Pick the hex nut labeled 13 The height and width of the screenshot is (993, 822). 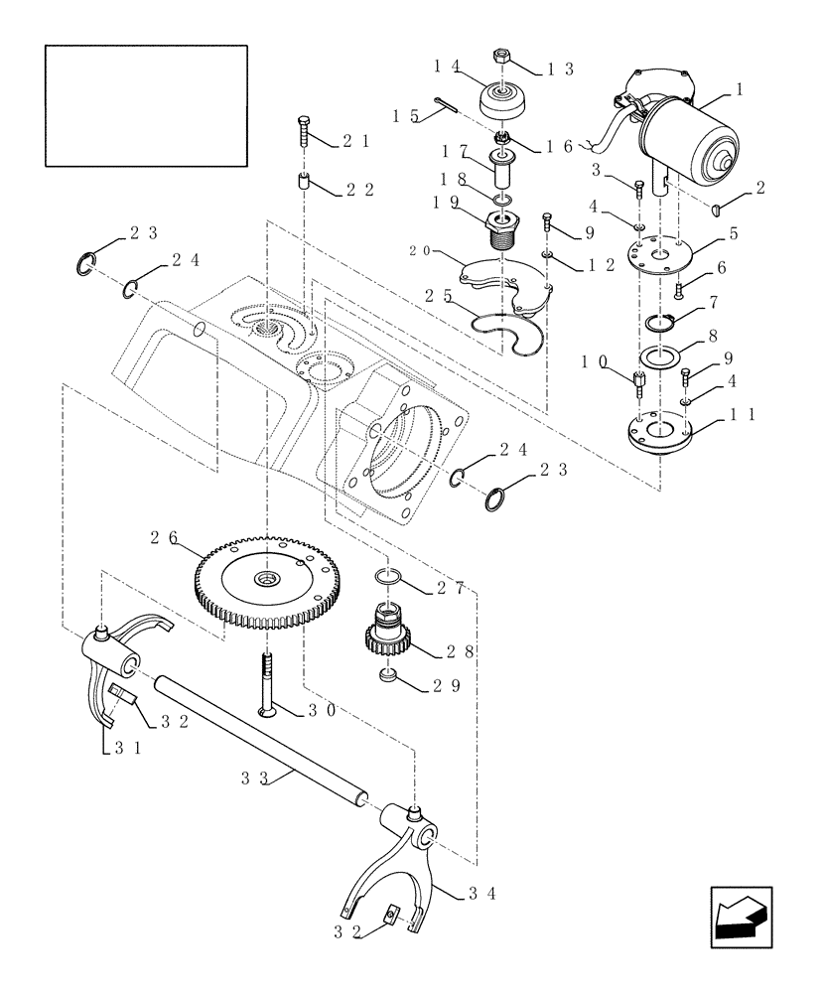(x=504, y=60)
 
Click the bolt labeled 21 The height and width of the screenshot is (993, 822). (x=302, y=131)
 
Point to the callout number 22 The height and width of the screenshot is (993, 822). (x=360, y=190)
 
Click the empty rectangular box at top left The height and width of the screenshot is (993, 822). (x=146, y=104)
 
